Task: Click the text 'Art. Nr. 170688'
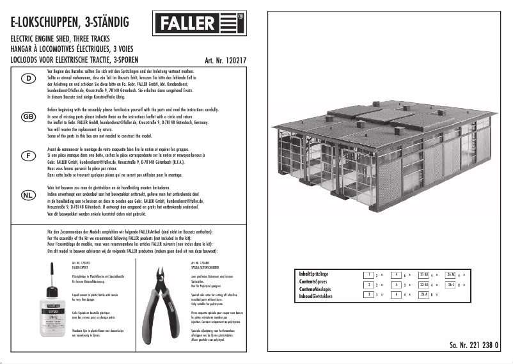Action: pos(200,263)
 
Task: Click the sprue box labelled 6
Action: pos(397,294)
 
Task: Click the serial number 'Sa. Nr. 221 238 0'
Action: pos(472,346)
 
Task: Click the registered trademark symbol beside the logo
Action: pos(239,15)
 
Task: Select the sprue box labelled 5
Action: pos(397,284)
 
